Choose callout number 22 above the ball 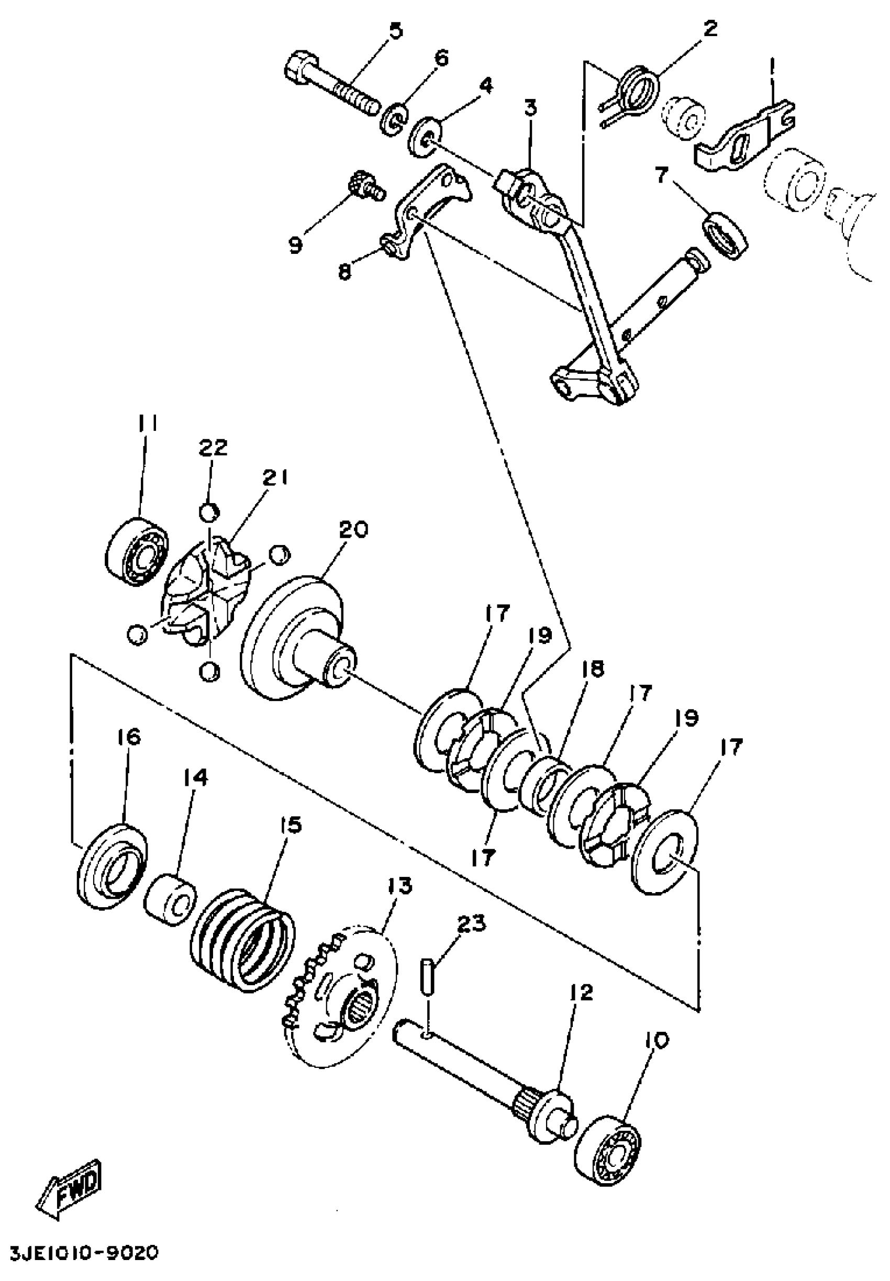point(214,447)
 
